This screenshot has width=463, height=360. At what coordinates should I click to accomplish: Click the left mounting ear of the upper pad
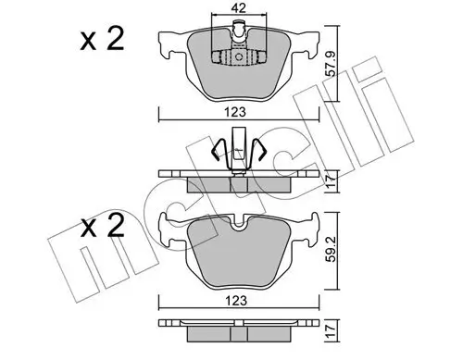point(169,43)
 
